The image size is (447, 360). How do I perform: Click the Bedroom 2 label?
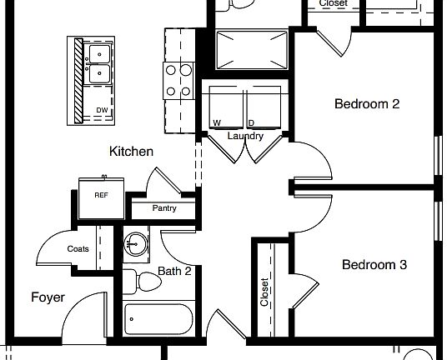367,104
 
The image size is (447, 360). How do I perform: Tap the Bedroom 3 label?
374,265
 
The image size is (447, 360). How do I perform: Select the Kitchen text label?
131,152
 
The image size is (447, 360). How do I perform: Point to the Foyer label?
48,297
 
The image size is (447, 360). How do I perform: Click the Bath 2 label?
175,271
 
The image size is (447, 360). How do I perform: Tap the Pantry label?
164,208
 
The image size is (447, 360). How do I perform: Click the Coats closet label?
78,248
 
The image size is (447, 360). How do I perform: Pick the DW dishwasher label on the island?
102,110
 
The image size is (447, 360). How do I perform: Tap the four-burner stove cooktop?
178,81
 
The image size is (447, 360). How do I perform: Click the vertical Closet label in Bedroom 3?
264,292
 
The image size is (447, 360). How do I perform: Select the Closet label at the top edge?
334,3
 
